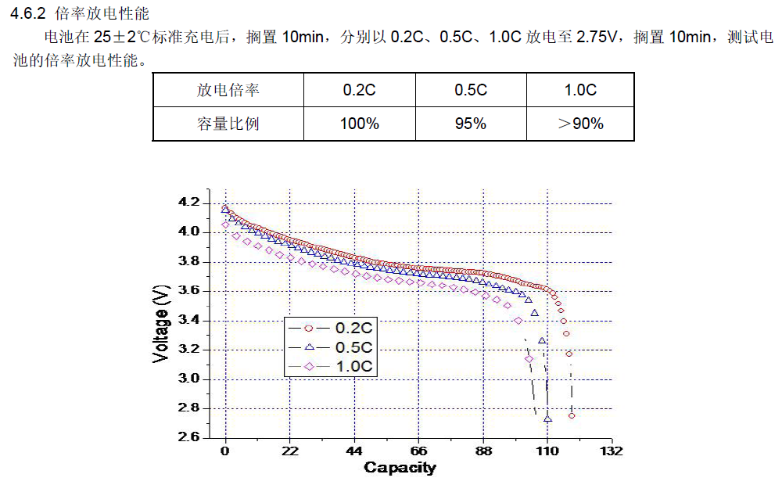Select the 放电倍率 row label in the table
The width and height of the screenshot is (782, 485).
[228, 90]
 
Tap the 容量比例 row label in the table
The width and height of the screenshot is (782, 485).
[228, 124]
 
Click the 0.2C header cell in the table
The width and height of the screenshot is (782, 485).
[359, 90]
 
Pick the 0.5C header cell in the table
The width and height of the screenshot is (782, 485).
[471, 90]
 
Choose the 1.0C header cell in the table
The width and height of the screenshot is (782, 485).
[580, 90]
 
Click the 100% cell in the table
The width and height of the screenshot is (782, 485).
[359, 124]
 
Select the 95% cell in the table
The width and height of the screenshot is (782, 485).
[471, 124]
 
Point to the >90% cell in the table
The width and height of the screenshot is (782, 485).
[580, 124]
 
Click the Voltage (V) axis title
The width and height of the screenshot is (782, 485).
[161, 323]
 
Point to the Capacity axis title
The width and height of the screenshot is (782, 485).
[400, 469]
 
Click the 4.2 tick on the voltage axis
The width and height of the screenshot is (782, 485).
[189, 203]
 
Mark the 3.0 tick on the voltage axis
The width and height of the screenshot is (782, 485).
[189, 379]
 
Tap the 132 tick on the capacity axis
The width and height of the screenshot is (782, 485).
[612, 451]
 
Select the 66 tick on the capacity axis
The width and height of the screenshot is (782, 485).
[418, 451]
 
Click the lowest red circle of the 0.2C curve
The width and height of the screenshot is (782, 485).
[572, 415]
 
